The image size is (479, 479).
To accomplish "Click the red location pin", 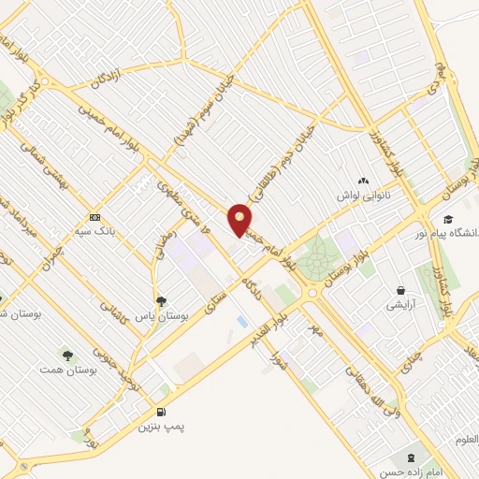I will point(239,220).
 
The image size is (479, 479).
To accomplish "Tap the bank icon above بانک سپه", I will point(94,216).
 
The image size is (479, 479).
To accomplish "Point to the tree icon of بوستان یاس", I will point(162,301).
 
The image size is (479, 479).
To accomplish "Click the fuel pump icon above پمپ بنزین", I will point(161,412).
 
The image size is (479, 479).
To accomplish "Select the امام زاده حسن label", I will point(413,472).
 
